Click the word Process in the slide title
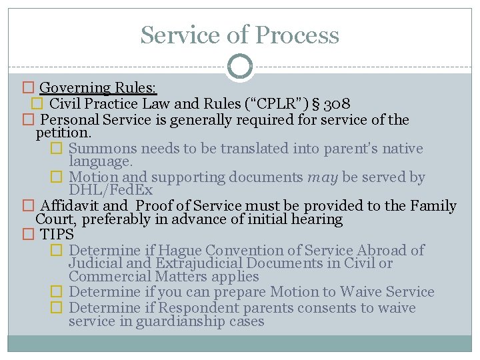pos(299,35)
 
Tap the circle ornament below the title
pos(240,67)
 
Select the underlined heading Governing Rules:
pos(98,88)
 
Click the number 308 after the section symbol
pos(339,104)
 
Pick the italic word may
pos(323,177)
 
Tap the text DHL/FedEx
pos(111,191)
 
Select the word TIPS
pos(57,235)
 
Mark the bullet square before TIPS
pos(27,235)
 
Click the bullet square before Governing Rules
pos(27,88)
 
